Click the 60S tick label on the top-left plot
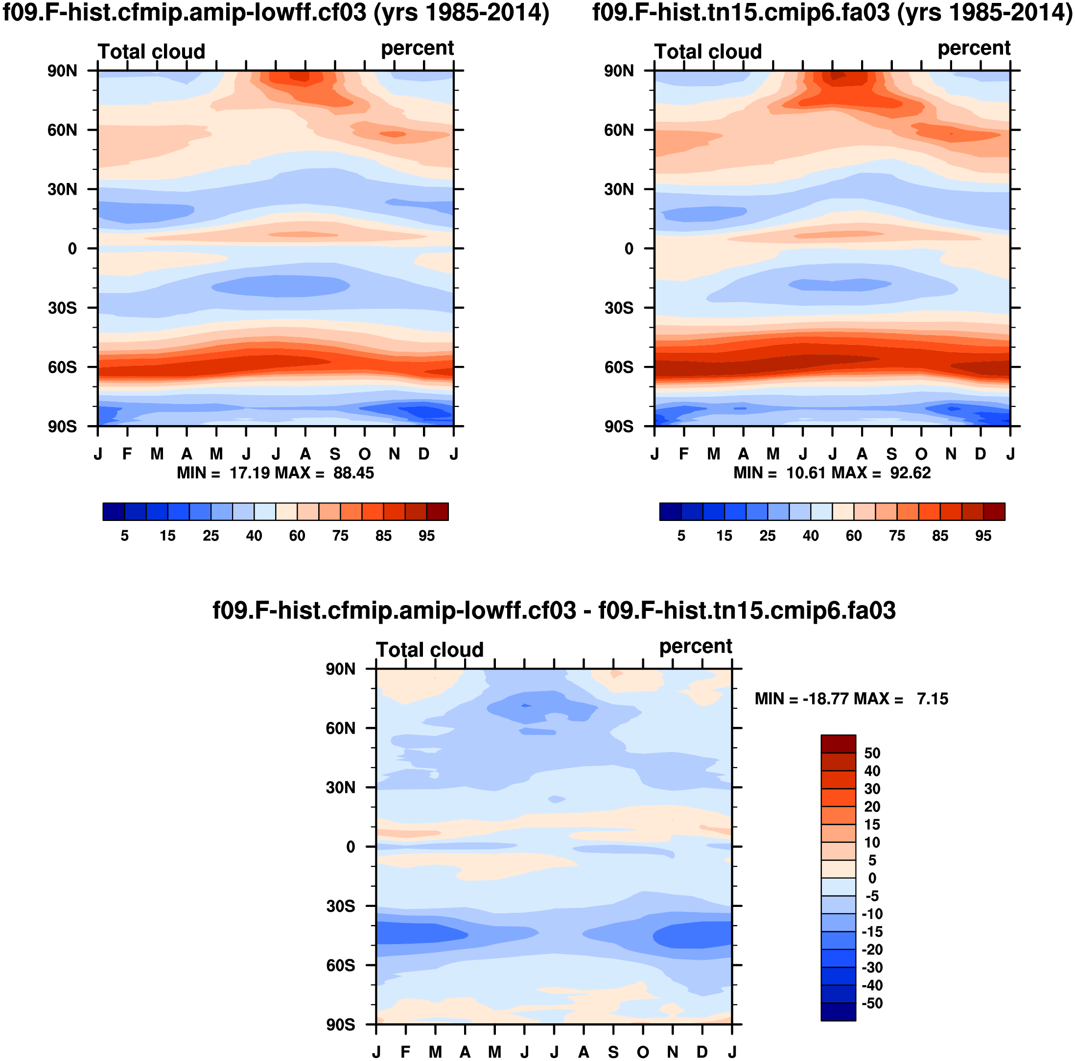coord(62,367)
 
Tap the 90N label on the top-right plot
coord(619,70)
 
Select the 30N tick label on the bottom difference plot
coord(341,788)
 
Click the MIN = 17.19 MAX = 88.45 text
coord(275,473)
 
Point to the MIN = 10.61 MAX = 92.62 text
coord(832,473)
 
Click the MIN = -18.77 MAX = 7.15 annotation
coord(851,699)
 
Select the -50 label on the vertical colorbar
coord(872,1003)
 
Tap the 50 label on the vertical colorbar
coord(872,753)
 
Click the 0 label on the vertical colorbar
coord(872,879)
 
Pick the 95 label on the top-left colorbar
coord(427,536)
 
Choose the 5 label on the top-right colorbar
coord(681,536)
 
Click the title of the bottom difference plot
coord(554,610)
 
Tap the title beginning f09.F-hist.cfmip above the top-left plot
coord(276,12)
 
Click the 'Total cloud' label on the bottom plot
coord(429,650)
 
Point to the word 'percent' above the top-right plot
coord(974,48)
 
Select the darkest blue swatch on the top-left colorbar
coord(114,512)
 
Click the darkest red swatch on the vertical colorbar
coord(838,744)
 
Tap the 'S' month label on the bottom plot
coord(613,1052)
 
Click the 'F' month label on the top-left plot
coord(127,454)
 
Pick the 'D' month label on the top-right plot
coord(981,454)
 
